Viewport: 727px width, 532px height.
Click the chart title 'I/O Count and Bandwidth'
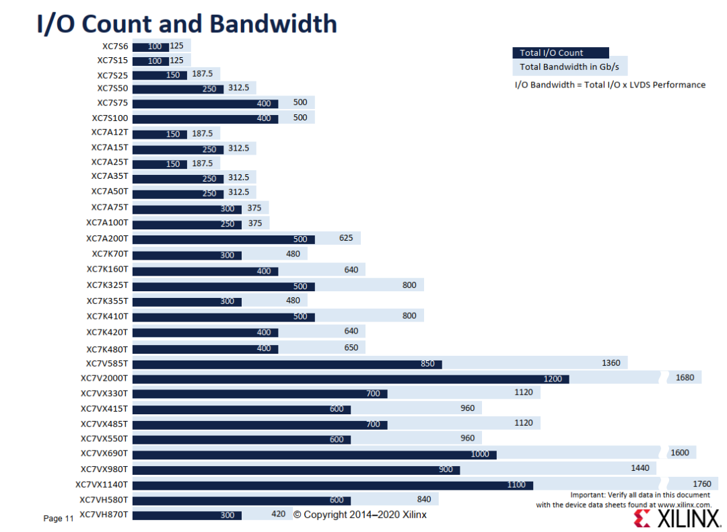[187, 24]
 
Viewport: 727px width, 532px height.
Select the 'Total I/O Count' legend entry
[561, 53]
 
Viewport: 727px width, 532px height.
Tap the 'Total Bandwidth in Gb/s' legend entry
[570, 67]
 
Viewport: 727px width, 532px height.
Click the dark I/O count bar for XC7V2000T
[351, 379]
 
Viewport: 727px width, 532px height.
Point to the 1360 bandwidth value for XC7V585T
[611, 363]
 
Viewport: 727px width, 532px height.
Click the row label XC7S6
[115, 46]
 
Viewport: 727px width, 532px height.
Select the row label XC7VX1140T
[102, 485]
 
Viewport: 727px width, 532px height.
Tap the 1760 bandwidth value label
[701, 484]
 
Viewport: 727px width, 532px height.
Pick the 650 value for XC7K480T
[351, 348]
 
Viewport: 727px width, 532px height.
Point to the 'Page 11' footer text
[59, 519]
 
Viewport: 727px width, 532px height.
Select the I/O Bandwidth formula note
[610, 85]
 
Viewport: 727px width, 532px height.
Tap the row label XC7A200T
[107, 239]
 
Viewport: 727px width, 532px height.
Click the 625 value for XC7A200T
[346, 237]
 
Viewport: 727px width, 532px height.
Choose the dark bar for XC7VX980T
[296, 470]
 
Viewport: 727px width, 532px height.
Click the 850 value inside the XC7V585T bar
[427, 364]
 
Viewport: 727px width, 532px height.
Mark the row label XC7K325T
[107, 285]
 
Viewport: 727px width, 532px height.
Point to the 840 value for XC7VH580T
[424, 499]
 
